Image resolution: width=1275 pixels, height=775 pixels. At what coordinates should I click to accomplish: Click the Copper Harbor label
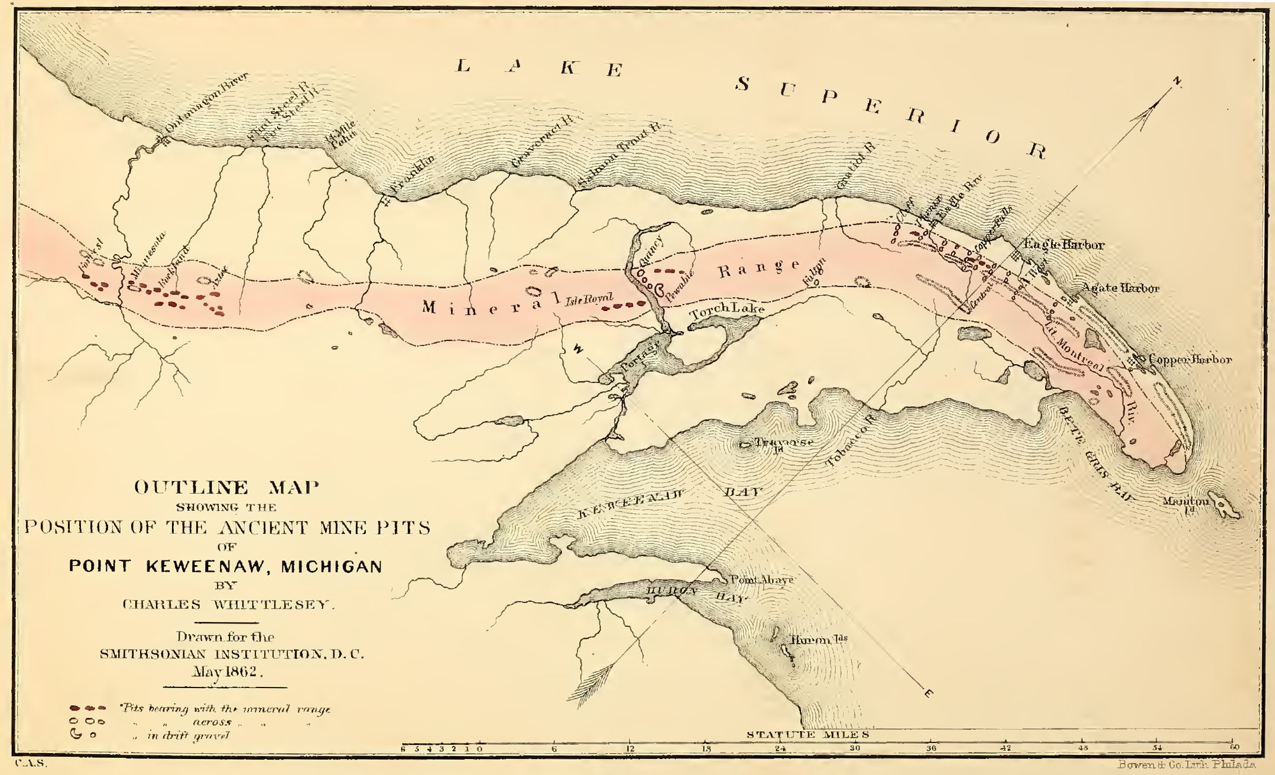click(x=1189, y=359)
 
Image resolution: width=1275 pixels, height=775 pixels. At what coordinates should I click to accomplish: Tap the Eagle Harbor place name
click(x=1063, y=245)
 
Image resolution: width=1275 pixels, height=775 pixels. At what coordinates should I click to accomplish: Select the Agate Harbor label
click(x=1119, y=288)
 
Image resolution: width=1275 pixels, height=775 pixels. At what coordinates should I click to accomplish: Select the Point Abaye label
click(x=762, y=580)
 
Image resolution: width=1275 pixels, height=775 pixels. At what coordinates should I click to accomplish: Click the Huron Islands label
click(x=819, y=640)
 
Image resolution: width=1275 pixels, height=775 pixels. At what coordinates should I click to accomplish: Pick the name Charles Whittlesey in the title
click(x=228, y=605)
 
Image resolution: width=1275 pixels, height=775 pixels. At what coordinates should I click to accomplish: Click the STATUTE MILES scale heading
click(x=807, y=735)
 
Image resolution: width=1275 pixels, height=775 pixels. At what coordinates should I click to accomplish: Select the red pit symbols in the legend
click(x=87, y=708)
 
